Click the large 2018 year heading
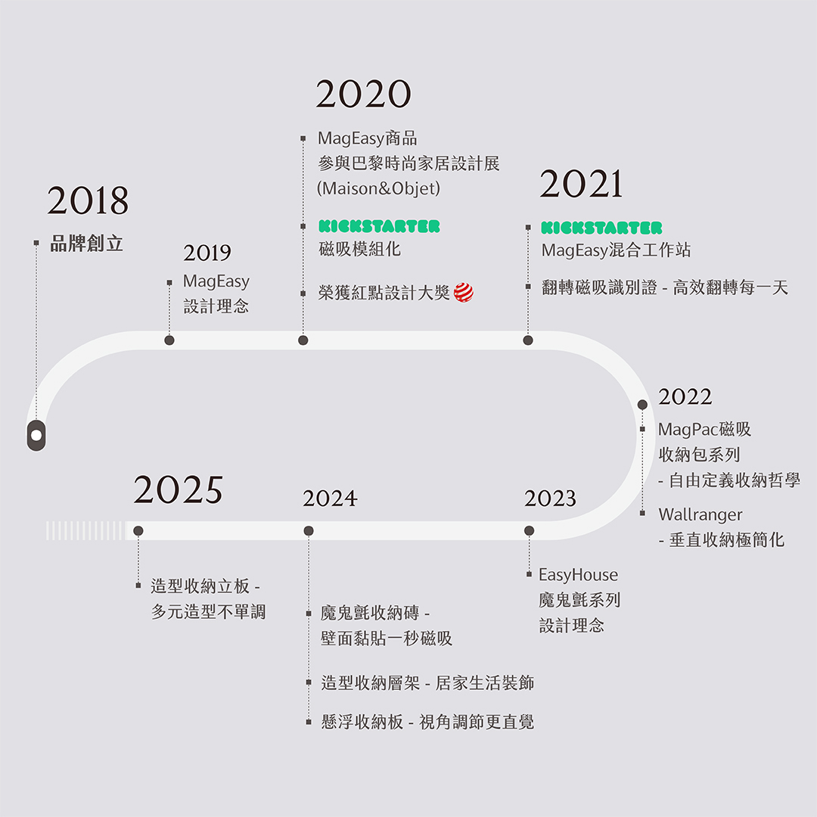(x=88, y=201)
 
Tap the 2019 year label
(x=207, y=253)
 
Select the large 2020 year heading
(x=363, y=95)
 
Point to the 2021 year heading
(x=581, y=185)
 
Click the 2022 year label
(x=685, y=397)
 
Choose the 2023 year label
(x=550, y=499)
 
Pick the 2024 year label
(x=330, y=499)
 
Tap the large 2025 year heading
(x=179, y=490)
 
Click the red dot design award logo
(x=464, y=293)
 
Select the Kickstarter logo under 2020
(x=379, y=226)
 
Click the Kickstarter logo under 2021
(x=601, y=228)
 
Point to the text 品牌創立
(x=86, y=244)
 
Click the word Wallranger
(x=701, y=515)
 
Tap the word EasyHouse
(x=578, y=575)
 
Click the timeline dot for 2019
(x=169, y=340)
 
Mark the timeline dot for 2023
(x=529, y=531)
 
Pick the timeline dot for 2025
(x=138, y=531)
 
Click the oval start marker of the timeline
(x=36, y=436)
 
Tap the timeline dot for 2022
(x=642, y=405)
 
